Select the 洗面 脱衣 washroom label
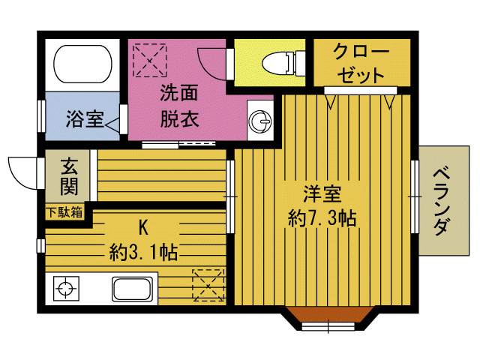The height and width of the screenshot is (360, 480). [x=178, y=107]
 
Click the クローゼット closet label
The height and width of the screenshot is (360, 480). [x=361, y=64]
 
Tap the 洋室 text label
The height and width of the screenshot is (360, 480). [x=322, y=194]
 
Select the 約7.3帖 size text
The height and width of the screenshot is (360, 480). [x=322, y=218]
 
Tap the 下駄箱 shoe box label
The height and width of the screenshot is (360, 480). [x=65, y=212]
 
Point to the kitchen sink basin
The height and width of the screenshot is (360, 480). [x=132, y=289]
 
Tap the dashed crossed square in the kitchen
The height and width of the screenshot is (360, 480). [x=208, y=285]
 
